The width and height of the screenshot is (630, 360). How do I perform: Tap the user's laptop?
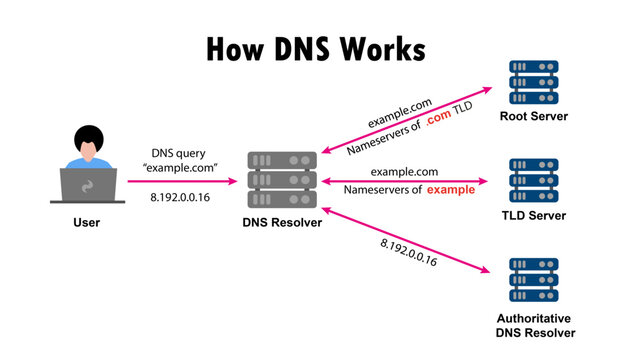[87, 185]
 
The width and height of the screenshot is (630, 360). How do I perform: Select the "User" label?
[87, 222]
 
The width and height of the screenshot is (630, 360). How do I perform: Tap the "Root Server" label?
[533, 119]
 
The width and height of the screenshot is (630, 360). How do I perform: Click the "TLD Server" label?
[533, 216]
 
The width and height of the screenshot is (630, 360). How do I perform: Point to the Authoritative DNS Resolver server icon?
[533, 281]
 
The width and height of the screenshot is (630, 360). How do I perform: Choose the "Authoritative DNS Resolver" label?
[533, 325]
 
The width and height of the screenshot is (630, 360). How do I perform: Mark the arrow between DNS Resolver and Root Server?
[400, 123]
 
